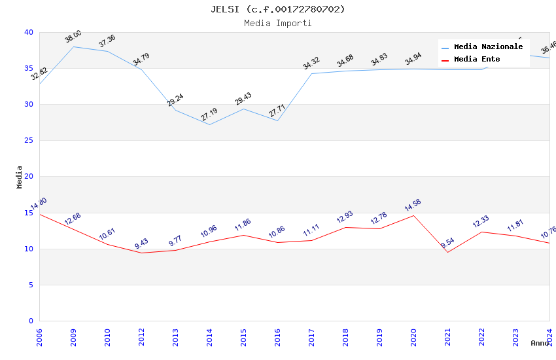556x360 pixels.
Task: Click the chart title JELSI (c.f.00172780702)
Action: [278, 9]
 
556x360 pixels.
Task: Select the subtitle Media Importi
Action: [278, 24]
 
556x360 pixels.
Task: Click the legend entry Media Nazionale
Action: [488, 47]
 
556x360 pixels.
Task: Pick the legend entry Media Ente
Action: [477, 60]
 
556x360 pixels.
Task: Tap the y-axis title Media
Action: [20, 177]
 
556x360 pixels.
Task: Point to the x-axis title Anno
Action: [540, 343]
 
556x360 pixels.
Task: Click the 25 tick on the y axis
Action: [29, 141]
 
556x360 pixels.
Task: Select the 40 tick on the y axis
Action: [29, 33]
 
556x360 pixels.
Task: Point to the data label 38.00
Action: [73, 37]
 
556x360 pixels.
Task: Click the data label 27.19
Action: [209, 115]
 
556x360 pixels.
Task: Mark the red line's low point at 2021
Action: [447, 252]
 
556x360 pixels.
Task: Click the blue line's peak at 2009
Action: [73, 46]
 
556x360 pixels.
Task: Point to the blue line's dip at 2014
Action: [209, 124]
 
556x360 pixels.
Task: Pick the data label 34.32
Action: [311, 63]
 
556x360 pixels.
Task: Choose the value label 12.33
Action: [481, 222]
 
